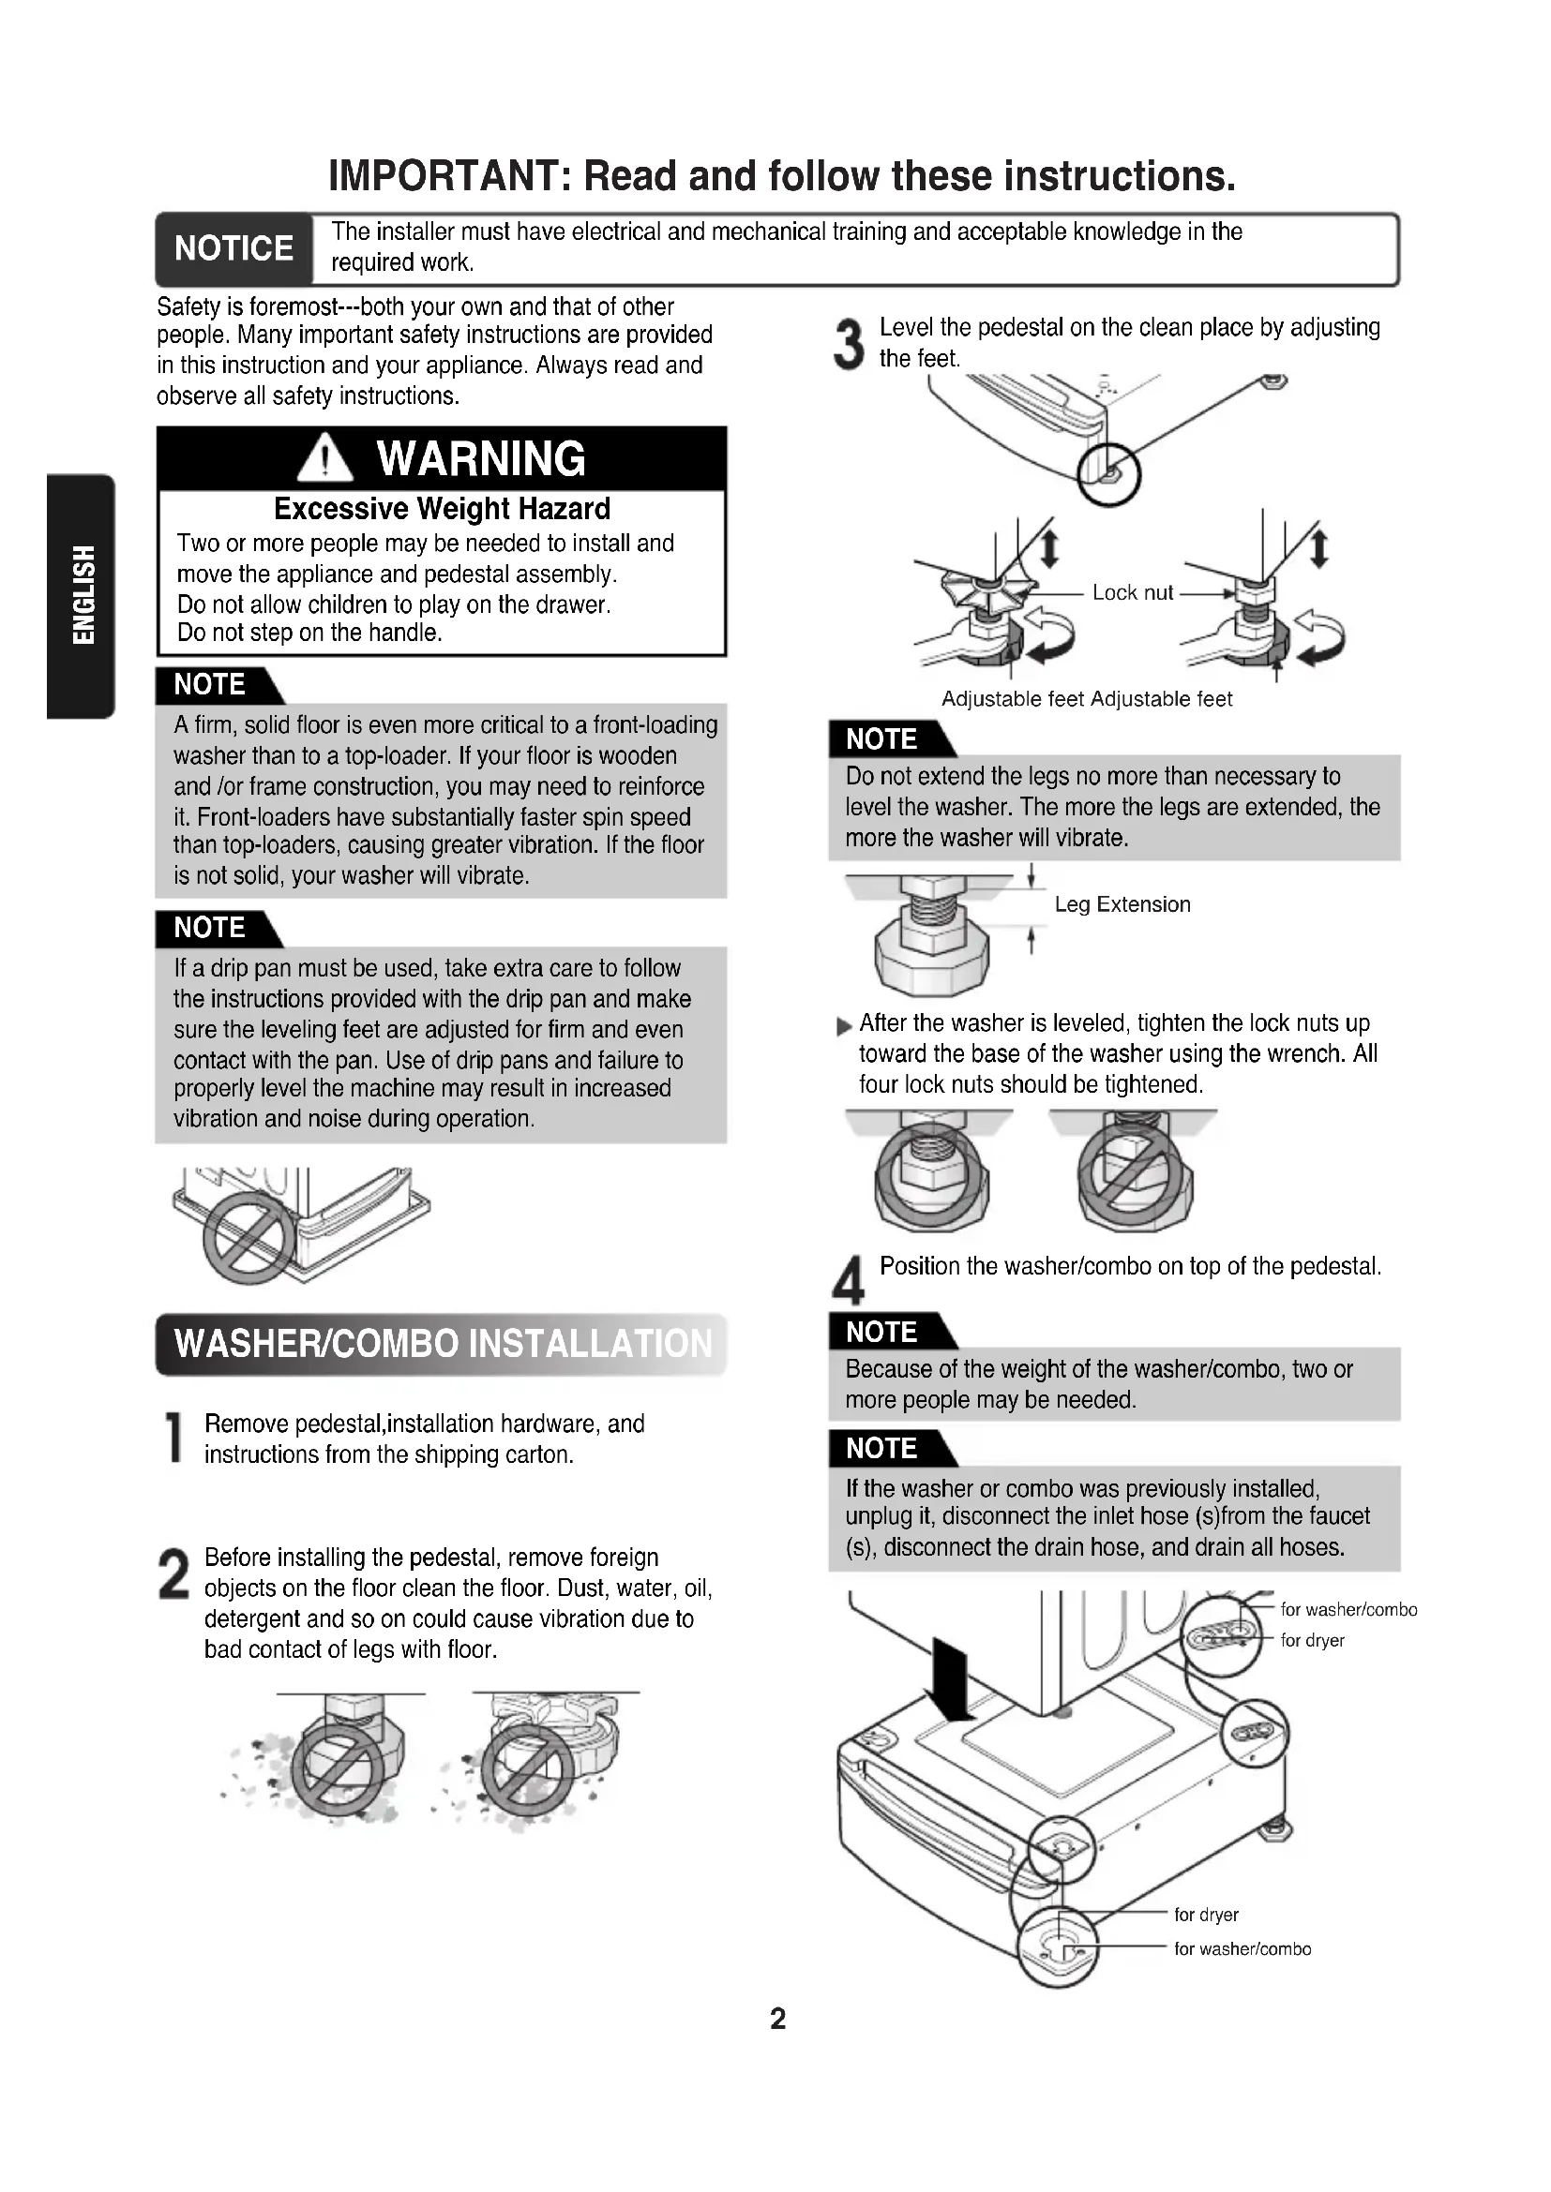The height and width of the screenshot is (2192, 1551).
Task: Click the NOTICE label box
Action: point(234,249)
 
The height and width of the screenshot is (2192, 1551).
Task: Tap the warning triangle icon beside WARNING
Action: point(324,457)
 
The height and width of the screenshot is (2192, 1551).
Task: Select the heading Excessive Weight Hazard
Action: point(443,509)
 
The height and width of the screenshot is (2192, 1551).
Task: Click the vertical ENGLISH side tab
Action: point(82,596)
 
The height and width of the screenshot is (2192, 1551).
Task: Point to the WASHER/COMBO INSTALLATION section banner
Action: point(442,1344)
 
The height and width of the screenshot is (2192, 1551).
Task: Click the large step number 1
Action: point(173,1437)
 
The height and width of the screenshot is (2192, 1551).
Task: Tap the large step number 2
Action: point(173,1573)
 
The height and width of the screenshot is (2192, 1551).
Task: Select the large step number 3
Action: point(848,344)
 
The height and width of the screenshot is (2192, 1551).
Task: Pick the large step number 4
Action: point(848,1280)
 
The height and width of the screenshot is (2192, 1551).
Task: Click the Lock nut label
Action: point(1133,593)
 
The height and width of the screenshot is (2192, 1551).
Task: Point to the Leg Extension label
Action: point(1122,904)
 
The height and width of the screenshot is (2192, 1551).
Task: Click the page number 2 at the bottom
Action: point(778,2019)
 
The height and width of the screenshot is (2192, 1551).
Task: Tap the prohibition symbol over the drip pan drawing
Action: point(249,1237)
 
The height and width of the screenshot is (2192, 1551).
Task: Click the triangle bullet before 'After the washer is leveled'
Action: point(844,1027)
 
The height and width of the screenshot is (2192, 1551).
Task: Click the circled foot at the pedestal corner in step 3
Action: point(1108,473)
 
